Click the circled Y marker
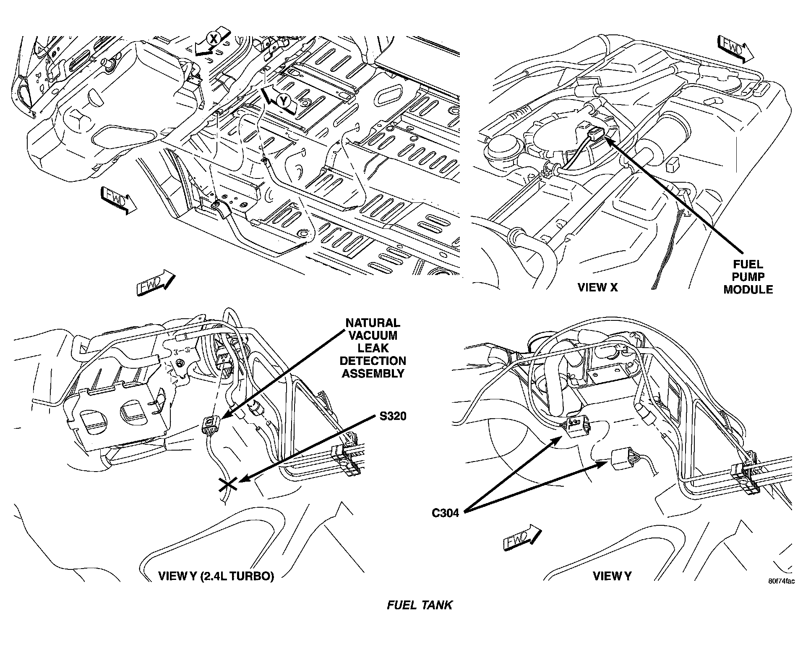click(284, 101)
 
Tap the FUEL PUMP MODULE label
click(748, 277)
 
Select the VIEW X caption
click(597, 288)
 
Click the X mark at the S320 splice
click(228, 485)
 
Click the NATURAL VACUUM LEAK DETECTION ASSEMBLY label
click(373, 348)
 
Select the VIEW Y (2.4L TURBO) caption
click(216, 576)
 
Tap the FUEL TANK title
click(419, 605)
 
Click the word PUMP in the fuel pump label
click(748, 277)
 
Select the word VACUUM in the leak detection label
click(373, 336)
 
